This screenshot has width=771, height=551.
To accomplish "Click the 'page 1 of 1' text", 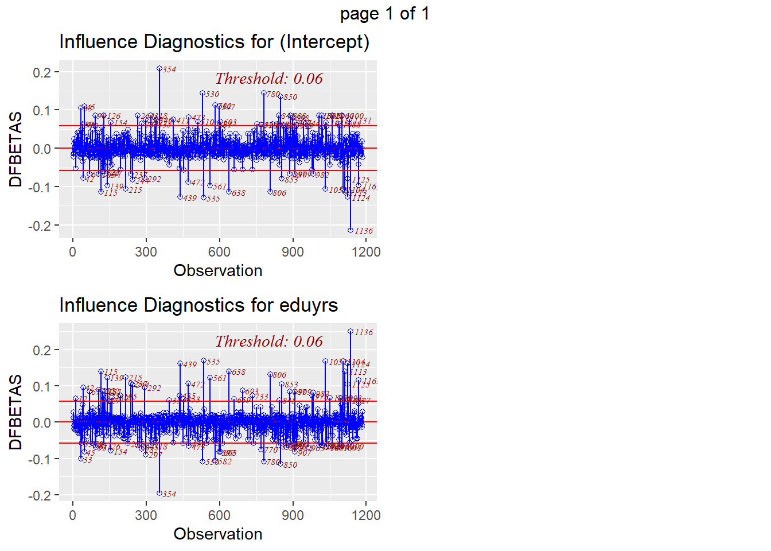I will click(384, 13).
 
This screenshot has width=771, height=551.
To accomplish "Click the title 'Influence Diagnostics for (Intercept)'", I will click(214, 42).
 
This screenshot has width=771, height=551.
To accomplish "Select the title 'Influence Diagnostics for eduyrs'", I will click(198, 305).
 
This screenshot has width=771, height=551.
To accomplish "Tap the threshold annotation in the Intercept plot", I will click(269, 79).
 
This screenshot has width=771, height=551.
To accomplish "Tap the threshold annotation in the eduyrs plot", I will click(269, 342).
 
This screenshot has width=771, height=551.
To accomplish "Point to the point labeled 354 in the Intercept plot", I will click(159, 68).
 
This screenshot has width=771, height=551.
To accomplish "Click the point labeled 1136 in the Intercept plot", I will click(351, 230).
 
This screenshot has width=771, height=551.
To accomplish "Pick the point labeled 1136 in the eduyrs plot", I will click(351, 331).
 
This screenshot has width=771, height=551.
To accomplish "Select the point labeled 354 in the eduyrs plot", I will click(159, 493).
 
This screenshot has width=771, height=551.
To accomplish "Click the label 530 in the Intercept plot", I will click(212, 95).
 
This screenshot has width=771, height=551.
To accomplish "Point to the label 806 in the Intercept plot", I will click(279, 193).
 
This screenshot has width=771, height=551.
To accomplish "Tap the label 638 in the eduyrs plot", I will click(239, 372).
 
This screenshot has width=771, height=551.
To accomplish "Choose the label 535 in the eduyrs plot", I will click(213, 362).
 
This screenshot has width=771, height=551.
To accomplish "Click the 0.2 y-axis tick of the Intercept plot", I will click(42, 72).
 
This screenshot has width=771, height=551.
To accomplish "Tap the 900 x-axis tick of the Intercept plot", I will click(293, 252).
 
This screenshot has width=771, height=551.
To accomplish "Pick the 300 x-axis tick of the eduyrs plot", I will click(146, 515).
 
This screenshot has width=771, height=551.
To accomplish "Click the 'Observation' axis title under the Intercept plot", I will click(218, 271).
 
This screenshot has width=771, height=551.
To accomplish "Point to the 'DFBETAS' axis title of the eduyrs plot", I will click(16, 412).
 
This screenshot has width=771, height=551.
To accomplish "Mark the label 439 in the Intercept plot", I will click(190, 198).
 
